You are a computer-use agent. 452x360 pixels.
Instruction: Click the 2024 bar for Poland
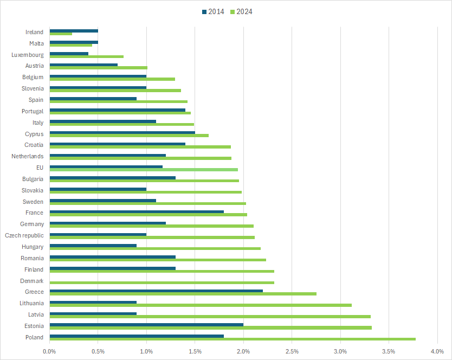233,339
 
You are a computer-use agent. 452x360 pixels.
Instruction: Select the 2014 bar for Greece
156,291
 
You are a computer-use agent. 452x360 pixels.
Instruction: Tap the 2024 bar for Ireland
61,34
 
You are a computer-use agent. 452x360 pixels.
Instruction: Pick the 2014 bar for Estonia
146,325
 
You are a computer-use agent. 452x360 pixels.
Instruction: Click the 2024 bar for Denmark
162,282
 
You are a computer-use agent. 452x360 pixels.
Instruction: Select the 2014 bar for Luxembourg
69,53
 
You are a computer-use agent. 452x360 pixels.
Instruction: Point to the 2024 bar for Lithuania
201,305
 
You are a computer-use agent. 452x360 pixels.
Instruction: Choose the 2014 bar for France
137,211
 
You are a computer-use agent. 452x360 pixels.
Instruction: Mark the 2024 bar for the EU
144,169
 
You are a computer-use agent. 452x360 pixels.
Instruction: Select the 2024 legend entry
241,11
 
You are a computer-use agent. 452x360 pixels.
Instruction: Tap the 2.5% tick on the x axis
292,351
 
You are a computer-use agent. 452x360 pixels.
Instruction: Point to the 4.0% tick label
437,351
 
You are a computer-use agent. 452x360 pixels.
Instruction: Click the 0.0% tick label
49,351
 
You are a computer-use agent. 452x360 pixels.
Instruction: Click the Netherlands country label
27,156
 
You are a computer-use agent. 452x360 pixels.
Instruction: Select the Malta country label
36,43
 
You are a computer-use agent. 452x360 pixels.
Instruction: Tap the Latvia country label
36,314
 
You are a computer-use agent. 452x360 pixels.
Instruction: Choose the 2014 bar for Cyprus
122,132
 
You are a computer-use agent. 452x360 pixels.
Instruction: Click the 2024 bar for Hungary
155,248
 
